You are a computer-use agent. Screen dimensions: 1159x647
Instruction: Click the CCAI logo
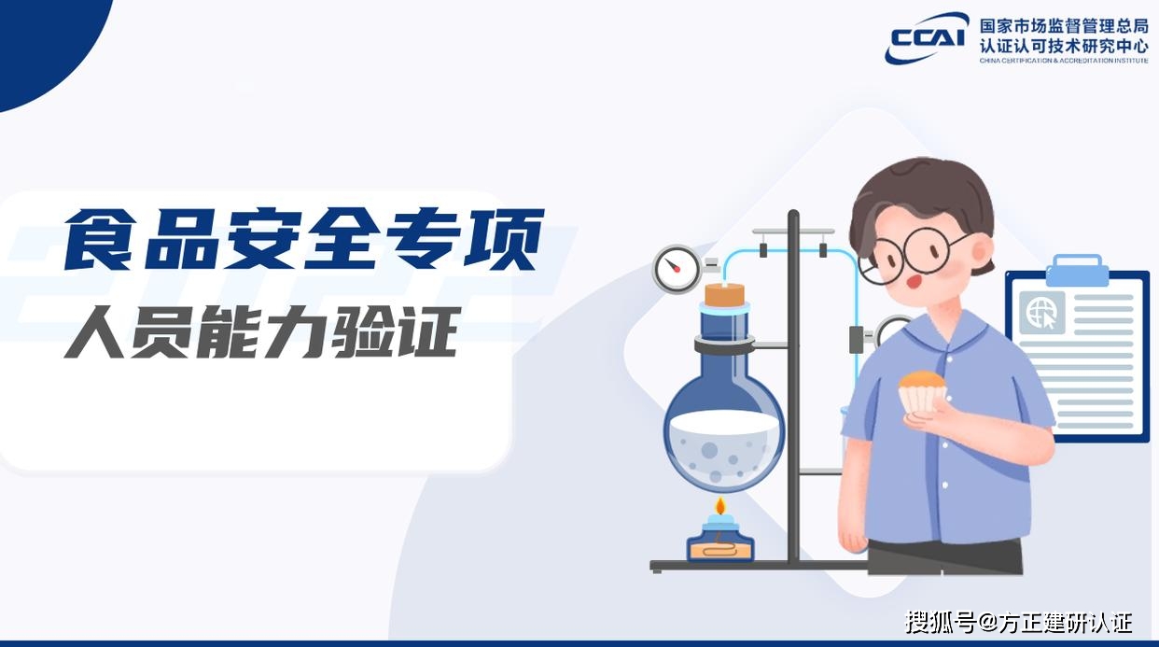(x=926, y=37)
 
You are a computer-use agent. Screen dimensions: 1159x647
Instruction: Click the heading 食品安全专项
(x=304, y=239)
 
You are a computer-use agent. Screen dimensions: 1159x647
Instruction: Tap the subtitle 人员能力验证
(x=262, y=332)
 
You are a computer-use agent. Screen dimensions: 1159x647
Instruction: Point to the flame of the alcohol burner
(x=720, y=505)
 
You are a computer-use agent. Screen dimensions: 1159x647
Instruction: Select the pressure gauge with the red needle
(x=677, y=269)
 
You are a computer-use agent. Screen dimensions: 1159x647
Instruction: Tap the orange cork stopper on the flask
(x=724, y=294)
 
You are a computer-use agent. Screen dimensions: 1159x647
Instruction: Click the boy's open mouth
(x=914, y=282)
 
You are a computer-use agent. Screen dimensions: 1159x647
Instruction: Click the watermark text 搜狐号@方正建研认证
(x=1019, y=622)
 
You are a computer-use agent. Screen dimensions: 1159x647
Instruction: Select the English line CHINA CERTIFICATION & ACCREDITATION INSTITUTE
(x=1064, y=61)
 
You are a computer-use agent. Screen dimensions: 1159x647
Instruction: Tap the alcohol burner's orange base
(x=720, y=550)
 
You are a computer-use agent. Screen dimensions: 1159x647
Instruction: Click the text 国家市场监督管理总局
(x=1064, y=25)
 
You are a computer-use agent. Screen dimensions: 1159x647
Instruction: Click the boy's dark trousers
(x=944, y=557)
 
